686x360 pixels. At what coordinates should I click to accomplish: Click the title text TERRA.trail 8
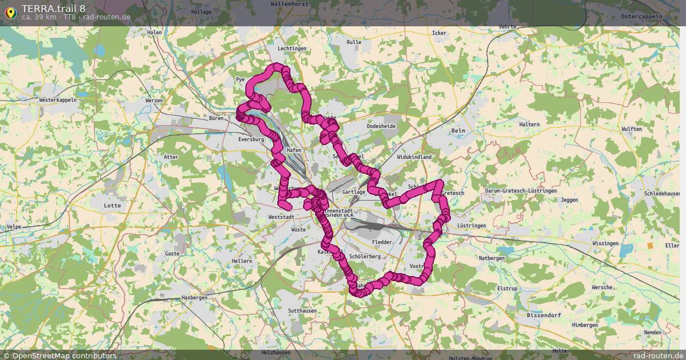click(54, 8)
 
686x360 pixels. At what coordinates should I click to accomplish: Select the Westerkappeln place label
click(58, 99)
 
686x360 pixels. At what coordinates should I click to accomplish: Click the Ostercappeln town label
click(641, 17)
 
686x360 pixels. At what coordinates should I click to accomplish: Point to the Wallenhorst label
click(289, 3)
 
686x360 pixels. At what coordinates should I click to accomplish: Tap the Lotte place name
click(113, 205)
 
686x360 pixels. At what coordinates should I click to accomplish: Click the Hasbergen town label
click(194, 298)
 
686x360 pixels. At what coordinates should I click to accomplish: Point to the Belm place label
click(458, 130)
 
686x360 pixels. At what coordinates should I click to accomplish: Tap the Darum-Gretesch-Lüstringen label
click(520, 191)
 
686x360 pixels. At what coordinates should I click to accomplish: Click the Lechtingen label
click(292, 49)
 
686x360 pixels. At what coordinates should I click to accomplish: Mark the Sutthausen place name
click(302, 310)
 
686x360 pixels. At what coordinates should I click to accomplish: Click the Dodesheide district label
click(381, 126)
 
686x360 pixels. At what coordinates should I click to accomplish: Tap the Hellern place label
click(242, 261)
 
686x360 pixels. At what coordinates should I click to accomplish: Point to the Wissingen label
click(605, 243)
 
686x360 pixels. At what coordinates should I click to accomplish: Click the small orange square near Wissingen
click(650, 245)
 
